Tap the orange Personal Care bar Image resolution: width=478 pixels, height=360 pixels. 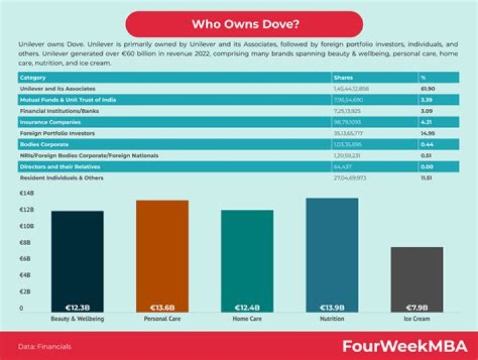coord(162,256)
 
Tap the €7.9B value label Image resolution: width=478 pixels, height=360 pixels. coord(416,308)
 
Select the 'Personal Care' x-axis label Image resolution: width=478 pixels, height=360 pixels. coord(162,319)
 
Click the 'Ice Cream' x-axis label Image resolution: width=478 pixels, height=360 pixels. coord(416,319)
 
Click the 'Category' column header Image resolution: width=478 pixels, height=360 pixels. coord(33,77)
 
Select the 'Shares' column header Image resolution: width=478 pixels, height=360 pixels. coord(343,77)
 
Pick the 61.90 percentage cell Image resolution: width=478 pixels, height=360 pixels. coord(428,88)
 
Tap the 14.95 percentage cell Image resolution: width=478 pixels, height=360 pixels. coord(428,133)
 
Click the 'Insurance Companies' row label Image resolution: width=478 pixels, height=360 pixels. coord(50,122)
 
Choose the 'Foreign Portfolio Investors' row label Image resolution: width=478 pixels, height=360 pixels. coord(58,133)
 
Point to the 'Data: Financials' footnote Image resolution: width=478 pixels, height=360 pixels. coord(44,346)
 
